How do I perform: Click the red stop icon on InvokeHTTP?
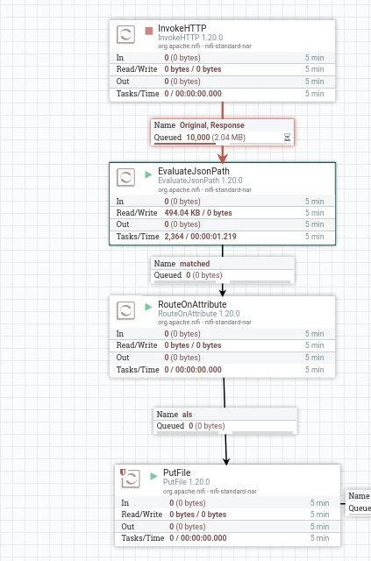148,32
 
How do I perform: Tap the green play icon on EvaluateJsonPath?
148,174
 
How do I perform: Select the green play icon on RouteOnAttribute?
148,307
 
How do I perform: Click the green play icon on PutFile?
153,476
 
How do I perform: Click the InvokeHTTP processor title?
182,28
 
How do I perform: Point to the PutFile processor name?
177,472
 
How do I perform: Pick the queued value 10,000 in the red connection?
198,138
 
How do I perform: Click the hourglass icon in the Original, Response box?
287,137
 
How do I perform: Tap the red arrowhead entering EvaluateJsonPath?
223,158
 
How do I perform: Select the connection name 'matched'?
195,264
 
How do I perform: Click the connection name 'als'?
187,415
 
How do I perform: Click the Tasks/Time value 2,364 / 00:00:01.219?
200,237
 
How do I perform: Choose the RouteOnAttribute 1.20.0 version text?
199,314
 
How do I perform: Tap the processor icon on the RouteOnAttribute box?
125,310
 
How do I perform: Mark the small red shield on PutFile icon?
123,472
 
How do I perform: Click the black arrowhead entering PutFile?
226,461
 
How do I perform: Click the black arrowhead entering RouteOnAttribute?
223,292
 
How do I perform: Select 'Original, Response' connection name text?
212,125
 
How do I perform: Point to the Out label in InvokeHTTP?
123,82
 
